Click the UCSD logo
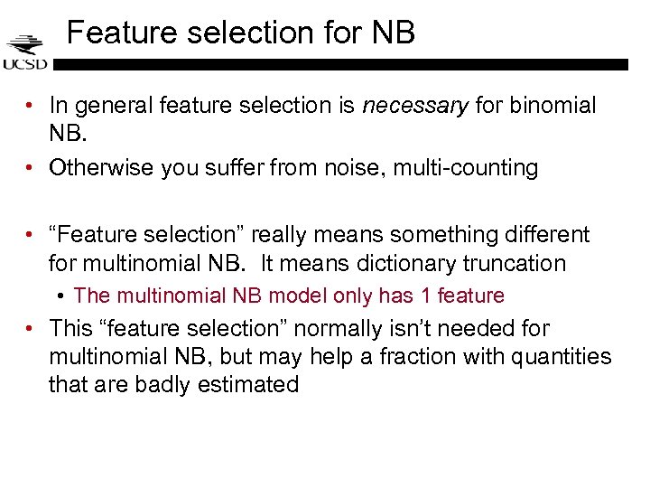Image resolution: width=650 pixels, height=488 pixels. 24,51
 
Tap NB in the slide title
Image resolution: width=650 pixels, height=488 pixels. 393,33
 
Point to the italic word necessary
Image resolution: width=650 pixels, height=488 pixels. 414,106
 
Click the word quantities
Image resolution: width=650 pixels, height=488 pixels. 563,356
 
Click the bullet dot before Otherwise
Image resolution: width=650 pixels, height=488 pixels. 32,167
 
